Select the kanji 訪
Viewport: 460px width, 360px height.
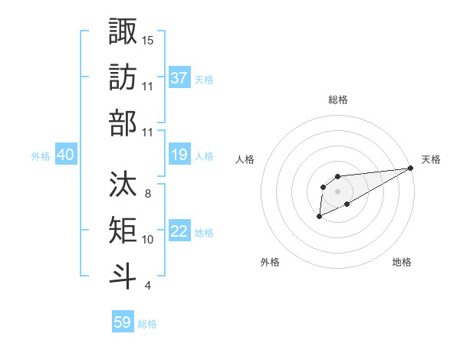(x=123, y=77)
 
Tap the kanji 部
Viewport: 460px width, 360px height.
(x=123, y=123)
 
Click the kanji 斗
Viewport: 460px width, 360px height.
(x=123, y=276)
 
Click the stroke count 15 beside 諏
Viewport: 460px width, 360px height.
(x=148, y=40)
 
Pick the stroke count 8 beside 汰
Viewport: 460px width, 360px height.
(x=147, y=194)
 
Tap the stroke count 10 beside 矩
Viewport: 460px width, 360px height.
(x=148, y=240)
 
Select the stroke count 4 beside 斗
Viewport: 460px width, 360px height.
(x=147, y=286)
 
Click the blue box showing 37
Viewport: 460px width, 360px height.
(x=179, y=78)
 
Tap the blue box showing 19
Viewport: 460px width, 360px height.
(x=179, y=155)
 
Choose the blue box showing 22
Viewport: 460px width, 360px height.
(x=179, y=231)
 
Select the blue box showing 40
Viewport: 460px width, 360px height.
(x=65, y=155)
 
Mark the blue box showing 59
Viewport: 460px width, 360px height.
(x=123, y=322)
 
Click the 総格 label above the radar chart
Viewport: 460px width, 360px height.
(x=338, y=100)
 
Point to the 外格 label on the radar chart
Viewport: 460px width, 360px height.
(x=270, y=262)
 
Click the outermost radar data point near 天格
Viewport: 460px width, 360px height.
(x=412, y=168)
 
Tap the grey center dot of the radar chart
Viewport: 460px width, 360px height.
(x=337, y=191)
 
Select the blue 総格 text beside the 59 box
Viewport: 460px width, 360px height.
(x=147, y=324)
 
